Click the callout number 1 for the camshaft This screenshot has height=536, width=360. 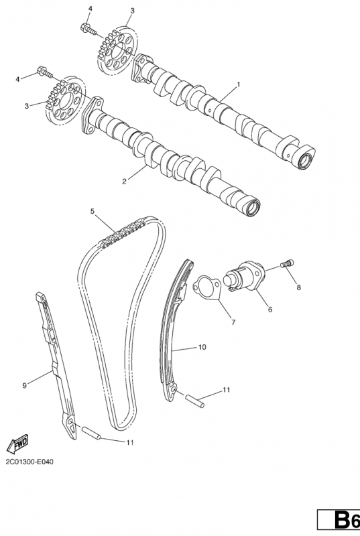click(x=238, y=84)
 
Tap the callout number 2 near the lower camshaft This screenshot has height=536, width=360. click(x=125, y=181)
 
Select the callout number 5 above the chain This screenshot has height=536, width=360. click(x=93, y=211)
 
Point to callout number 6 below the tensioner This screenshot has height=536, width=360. click(x=270, y=310)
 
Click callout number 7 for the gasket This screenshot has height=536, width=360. click(x=233, y=322)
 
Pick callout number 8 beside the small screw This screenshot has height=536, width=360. click(x=299, y=287)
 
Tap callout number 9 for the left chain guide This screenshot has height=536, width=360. click(x=24, y=386)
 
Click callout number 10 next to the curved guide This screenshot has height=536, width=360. click(x=202, y=347)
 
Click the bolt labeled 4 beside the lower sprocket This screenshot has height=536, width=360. click(x=44, y=72)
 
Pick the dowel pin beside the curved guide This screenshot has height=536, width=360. click(x=195, y=401)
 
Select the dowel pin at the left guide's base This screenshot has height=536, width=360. click(x=91, y=432)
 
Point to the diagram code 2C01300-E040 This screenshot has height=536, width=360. click(x=29, y=462)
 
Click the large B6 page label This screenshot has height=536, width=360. click(x=346, y=521)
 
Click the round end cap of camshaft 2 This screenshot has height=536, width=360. click(x=252, y=208)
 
